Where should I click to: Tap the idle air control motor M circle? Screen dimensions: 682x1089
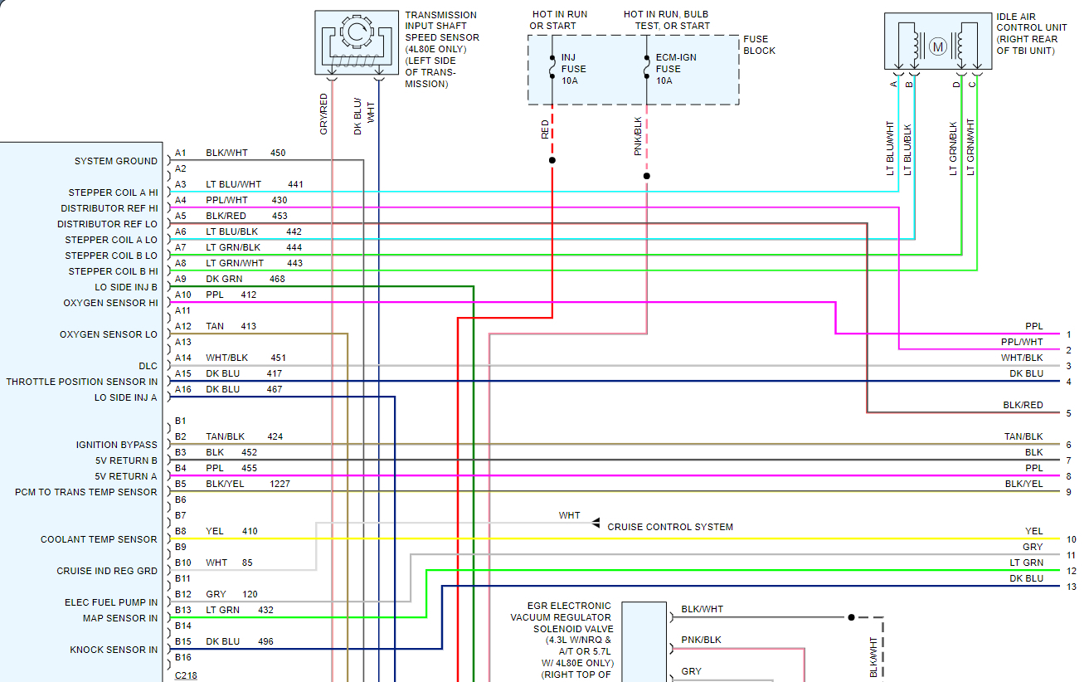click(938, 46)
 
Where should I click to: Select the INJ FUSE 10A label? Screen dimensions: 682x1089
click(574, 69)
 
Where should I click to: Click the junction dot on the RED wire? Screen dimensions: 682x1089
click(552, 160)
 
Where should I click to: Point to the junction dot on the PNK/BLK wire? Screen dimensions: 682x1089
click(647, 176)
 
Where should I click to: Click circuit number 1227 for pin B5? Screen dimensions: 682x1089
click(280, 484)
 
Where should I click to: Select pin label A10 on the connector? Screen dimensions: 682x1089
click(182, 295)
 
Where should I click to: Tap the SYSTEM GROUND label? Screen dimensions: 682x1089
click(115, 161)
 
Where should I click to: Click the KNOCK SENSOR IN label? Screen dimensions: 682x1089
click(114, 650)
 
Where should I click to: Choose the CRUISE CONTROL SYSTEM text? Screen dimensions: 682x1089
click(670, 527)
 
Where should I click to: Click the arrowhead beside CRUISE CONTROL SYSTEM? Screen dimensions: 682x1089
click(596, 524)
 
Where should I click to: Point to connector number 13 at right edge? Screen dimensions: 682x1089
click(1071, 587)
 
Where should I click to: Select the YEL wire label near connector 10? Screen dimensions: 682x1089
click(1033, 531)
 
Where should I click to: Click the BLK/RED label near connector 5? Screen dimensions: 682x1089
click(1023, 405)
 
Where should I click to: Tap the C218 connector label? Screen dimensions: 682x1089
click(186, 675)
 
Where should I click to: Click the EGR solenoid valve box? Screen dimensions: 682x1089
click(644, 641)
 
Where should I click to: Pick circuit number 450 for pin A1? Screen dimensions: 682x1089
click(278, 153)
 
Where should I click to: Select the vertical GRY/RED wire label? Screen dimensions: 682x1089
click(324, 114)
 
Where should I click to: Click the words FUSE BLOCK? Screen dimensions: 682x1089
click(759, 45)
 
